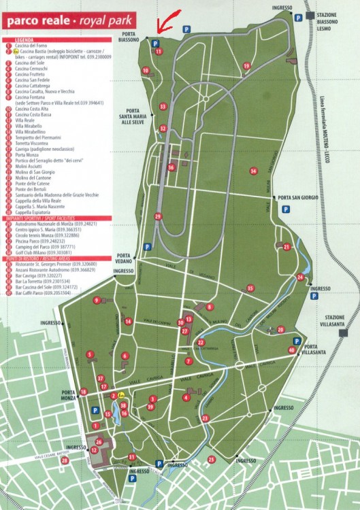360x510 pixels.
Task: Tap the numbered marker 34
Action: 253,171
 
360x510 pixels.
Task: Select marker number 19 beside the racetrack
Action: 246,66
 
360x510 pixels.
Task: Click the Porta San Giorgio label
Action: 295,199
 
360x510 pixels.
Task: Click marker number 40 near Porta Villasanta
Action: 291,350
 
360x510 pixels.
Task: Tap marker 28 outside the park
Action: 65,460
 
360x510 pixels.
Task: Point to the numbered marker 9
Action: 97,300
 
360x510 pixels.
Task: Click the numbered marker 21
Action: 287,247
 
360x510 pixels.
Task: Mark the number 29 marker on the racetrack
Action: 158,216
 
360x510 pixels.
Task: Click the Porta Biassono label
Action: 129,37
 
